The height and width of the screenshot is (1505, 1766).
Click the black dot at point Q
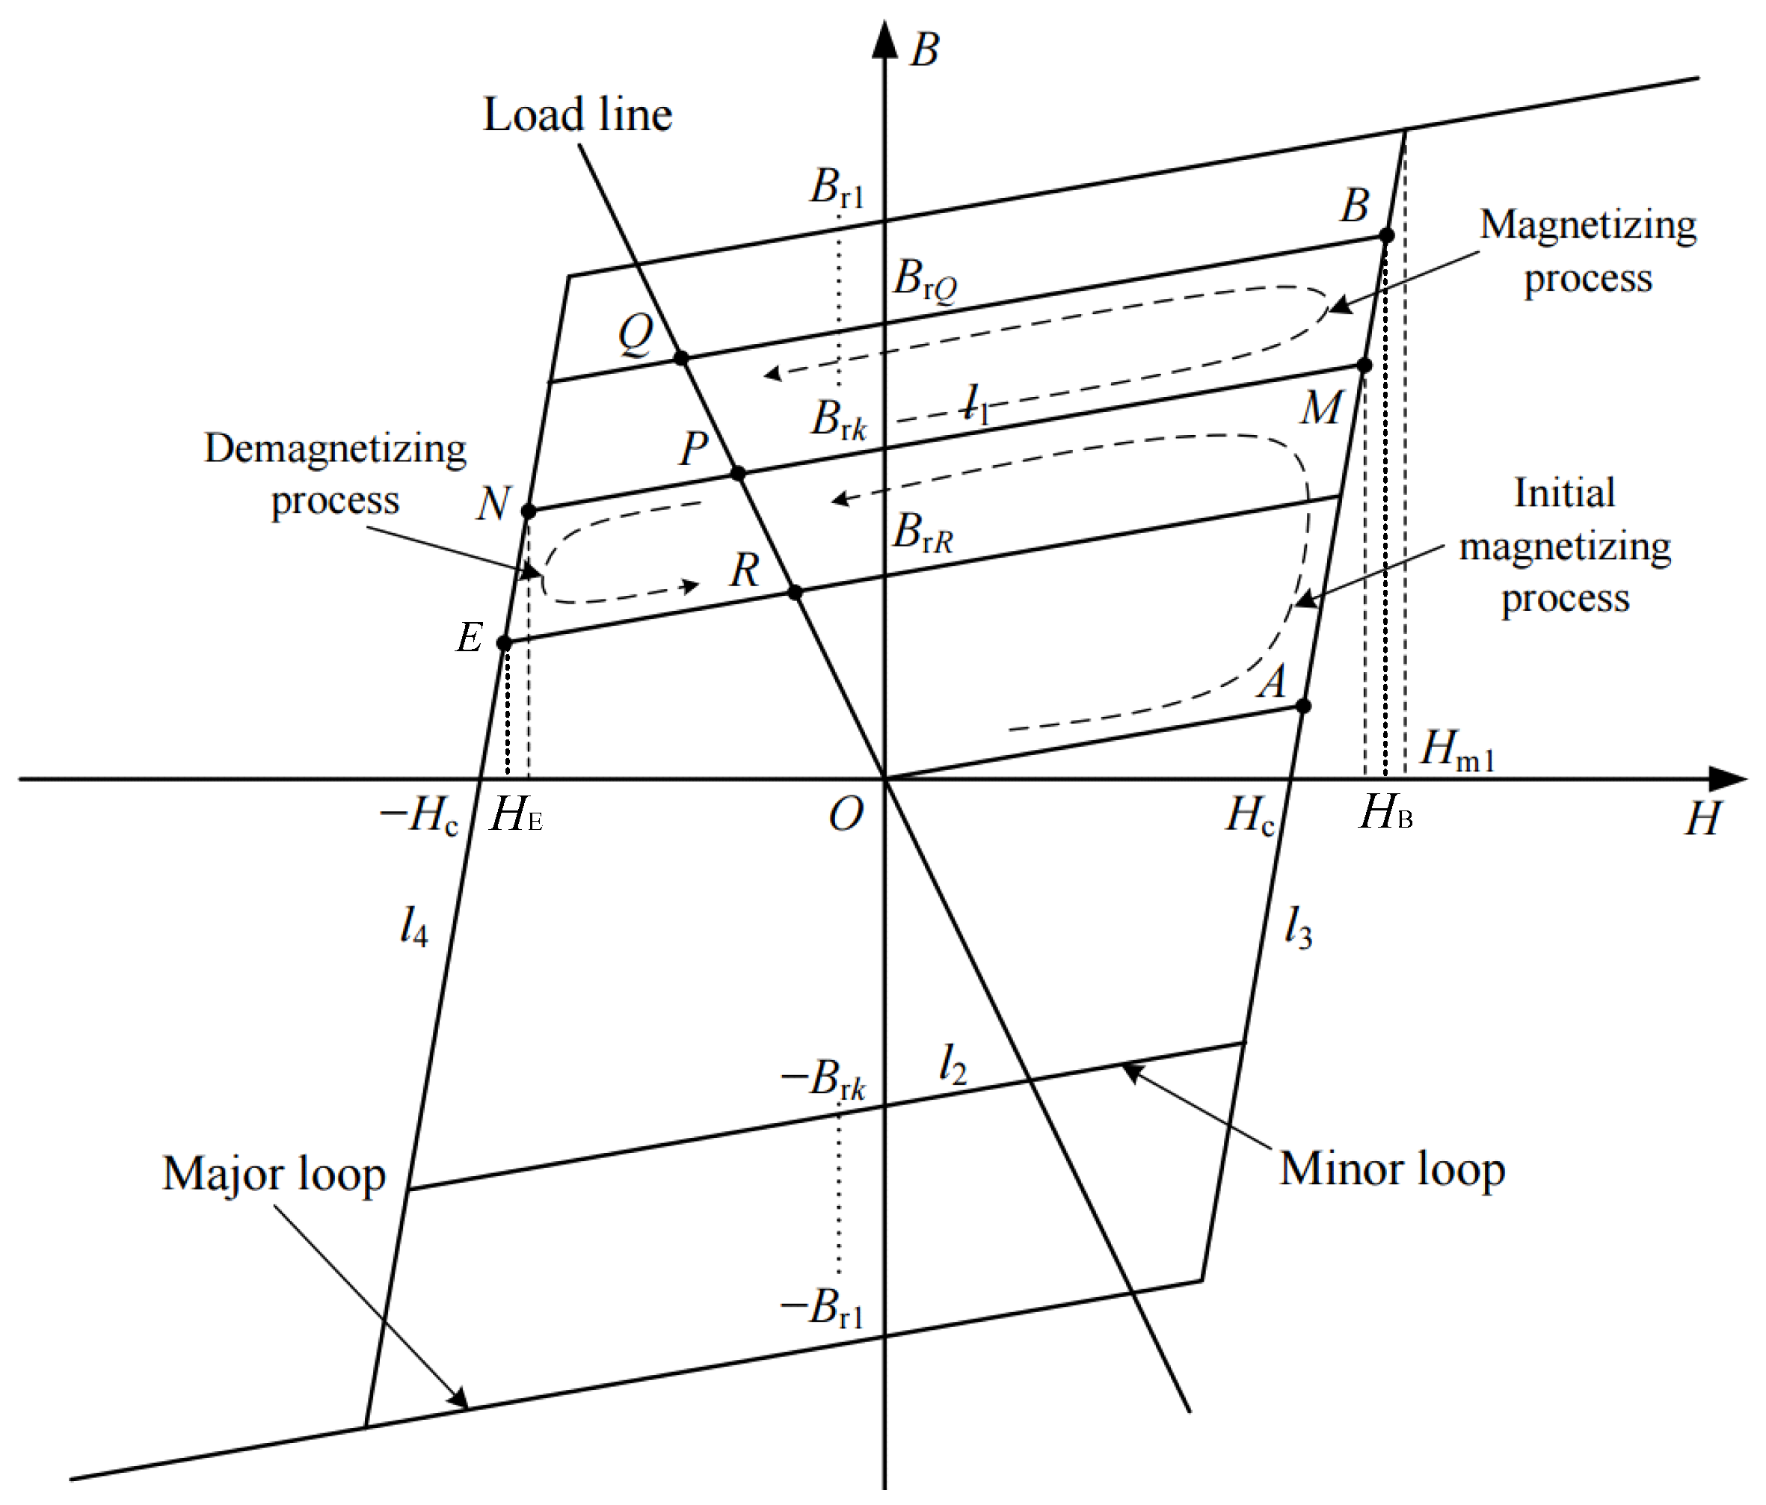[x=681, y=357]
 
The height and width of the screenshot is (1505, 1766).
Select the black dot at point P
[x=738, y=473]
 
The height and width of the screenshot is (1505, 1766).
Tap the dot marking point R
[x=794, y=591]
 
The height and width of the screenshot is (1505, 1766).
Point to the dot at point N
[x=529, y=511]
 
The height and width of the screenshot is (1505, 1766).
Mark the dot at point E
[x=505, y=642]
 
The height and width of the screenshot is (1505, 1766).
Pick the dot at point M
[x=1364, y=366]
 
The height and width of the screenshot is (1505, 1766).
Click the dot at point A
[x=1303, y=706]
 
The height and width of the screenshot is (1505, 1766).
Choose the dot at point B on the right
[x=1387, y=236]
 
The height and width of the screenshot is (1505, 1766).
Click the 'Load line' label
[x=577, y=115]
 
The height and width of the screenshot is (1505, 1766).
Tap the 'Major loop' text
[x=274, y=1175]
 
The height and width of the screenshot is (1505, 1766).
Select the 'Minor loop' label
[x=1392, y=1169]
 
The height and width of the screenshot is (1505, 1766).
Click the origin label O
[x=846, y=815]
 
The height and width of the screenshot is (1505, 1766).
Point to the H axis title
[x=1703, y=819]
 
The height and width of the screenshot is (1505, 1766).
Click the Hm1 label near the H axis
[x=1456, y=750]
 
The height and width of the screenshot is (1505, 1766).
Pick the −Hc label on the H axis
[x=419, y=816]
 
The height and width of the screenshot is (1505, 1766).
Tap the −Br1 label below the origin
[x=822, y=1308]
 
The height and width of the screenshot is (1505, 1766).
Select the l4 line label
[x=413, y=926]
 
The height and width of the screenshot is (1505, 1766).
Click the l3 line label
[x=1298, y=927]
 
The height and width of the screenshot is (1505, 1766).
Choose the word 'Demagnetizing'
[x=335, y=449]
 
